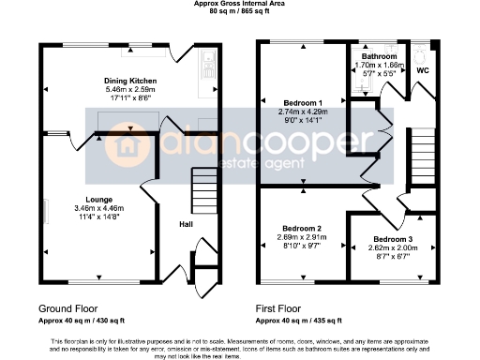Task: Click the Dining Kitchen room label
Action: pyautogui.click(x=129, y=81)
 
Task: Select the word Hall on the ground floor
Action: pyautogui.click(x=186, y=224)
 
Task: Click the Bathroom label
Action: pyautogui.click(x=380, y=57)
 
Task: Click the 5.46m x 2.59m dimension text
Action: pyautogui.click(x=129, y=89)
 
